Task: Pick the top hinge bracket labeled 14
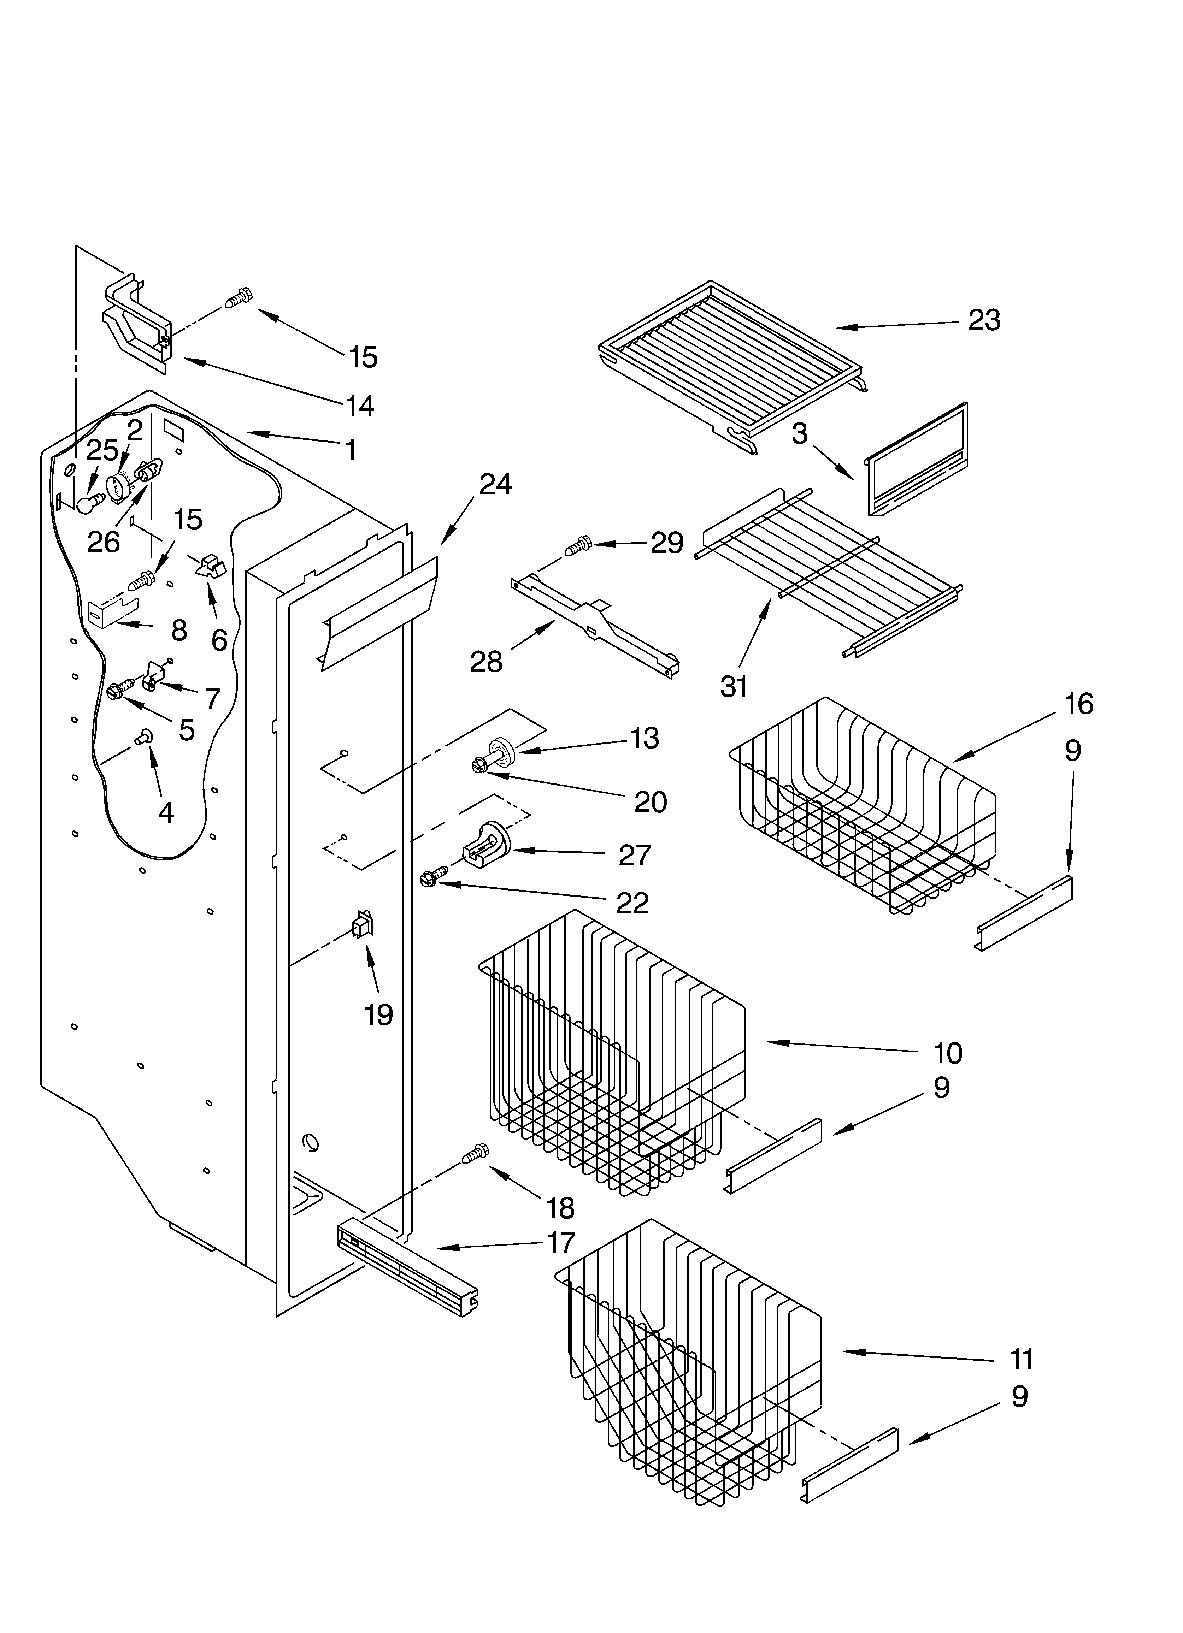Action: tap(137, 320)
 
